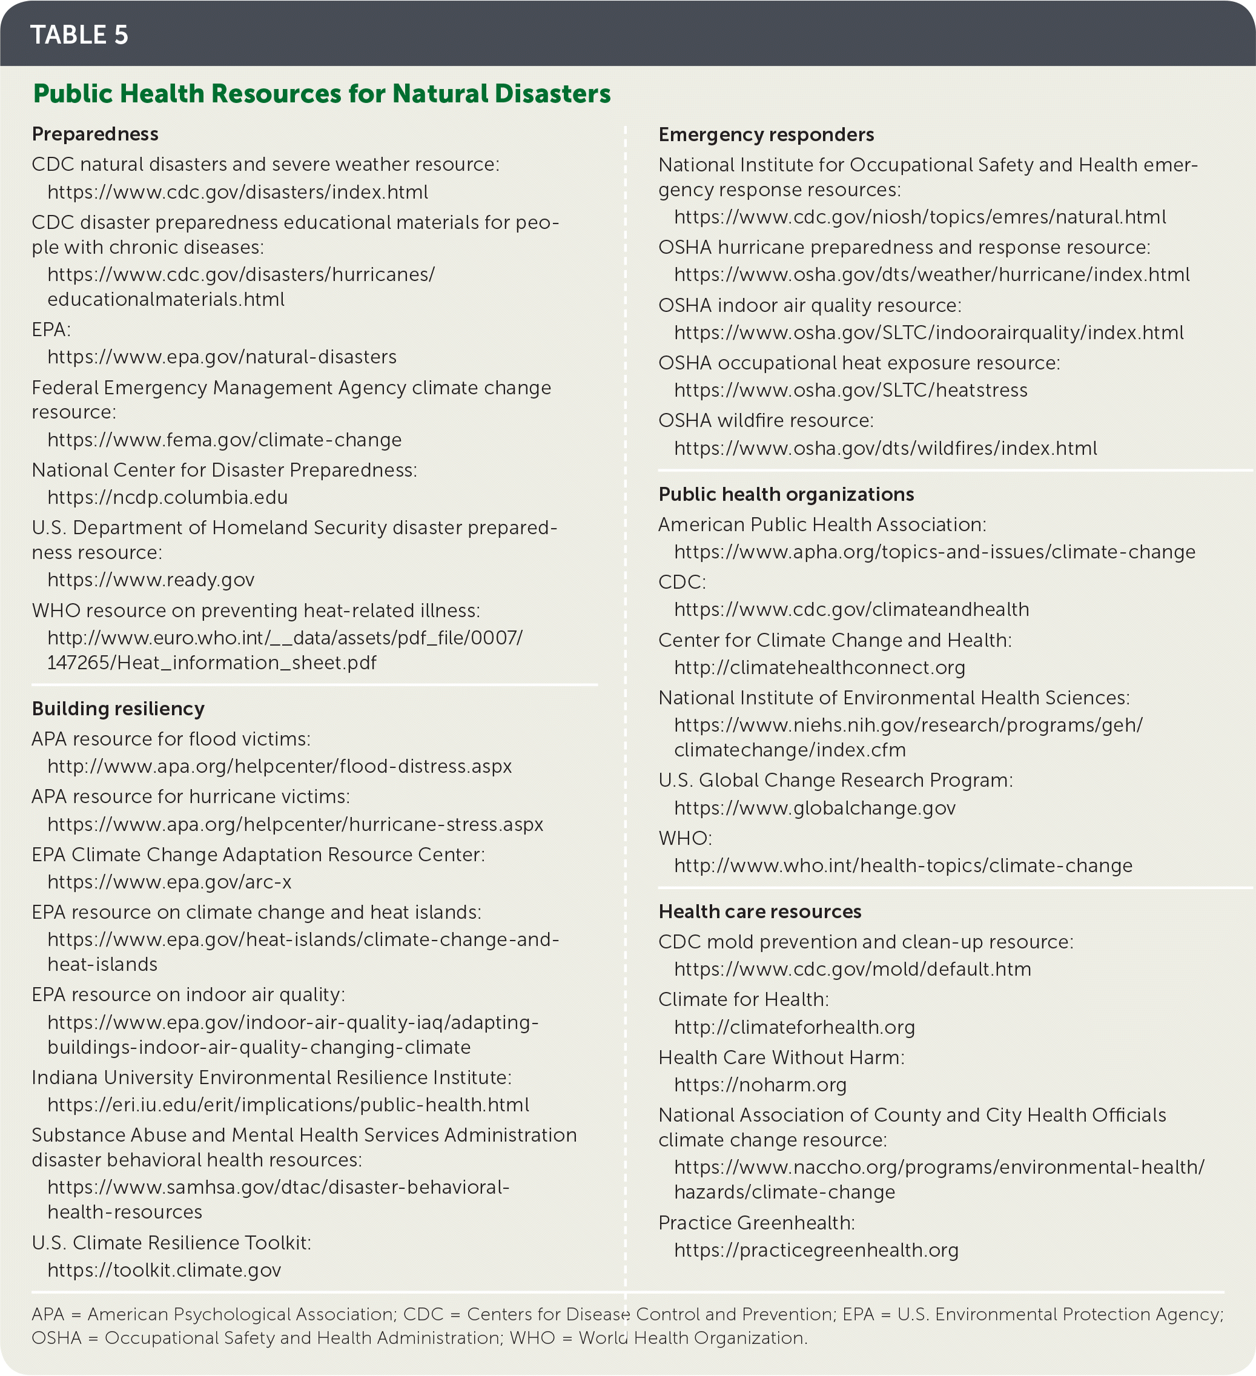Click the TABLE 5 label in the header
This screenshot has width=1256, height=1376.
(x=79, y=35)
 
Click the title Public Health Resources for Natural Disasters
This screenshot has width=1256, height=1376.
(x=322, y=93)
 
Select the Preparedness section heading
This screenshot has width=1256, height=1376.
(x=95, y=134)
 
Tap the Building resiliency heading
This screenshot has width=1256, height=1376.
(x=118, y=709)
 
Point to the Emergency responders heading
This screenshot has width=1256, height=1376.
(x=766, y=134)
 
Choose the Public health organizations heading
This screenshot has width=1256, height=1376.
(x=785, y=494)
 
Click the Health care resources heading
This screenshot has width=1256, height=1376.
(x=760, y=911)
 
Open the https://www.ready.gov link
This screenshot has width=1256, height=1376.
(x=151, y=580)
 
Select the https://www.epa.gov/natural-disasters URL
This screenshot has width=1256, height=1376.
(x=222, y=357)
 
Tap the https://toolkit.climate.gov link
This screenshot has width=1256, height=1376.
(x=164, y=1269)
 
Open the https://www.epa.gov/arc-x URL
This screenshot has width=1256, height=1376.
(x=170, y=882)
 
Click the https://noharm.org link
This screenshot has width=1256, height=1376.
(x=760, y=1085)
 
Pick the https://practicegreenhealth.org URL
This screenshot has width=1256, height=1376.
(x=816, y=1250)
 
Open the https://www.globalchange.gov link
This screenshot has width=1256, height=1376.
(x=815, y=808)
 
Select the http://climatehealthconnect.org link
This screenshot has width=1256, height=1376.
(x=819, y=667)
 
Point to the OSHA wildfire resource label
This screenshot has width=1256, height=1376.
(x=765, y=420)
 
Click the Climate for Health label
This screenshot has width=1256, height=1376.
(x=742, y=999)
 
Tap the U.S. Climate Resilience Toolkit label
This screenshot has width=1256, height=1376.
(x=171, y=1242)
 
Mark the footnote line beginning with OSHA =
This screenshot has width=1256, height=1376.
(x=419, y=1338)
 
